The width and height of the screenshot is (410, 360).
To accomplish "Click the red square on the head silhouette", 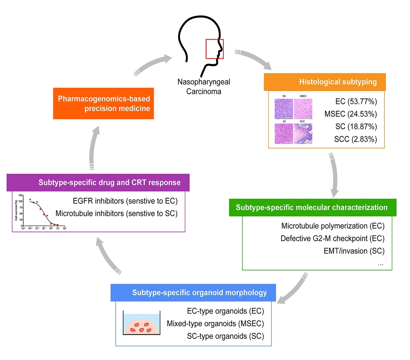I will [x=215, y=49].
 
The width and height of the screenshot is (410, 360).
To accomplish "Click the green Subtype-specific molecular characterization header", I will [x=312, y=207].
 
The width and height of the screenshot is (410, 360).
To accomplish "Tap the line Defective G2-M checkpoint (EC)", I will [x=332, y=238].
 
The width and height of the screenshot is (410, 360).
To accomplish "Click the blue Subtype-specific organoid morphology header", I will [x=194, y=292].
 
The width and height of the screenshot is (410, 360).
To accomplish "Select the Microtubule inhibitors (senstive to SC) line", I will [x=116, y=213].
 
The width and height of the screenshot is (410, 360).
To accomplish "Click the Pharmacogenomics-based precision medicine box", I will [x=103, y=103].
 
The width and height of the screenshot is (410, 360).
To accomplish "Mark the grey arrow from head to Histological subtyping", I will [x=255, y=59].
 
